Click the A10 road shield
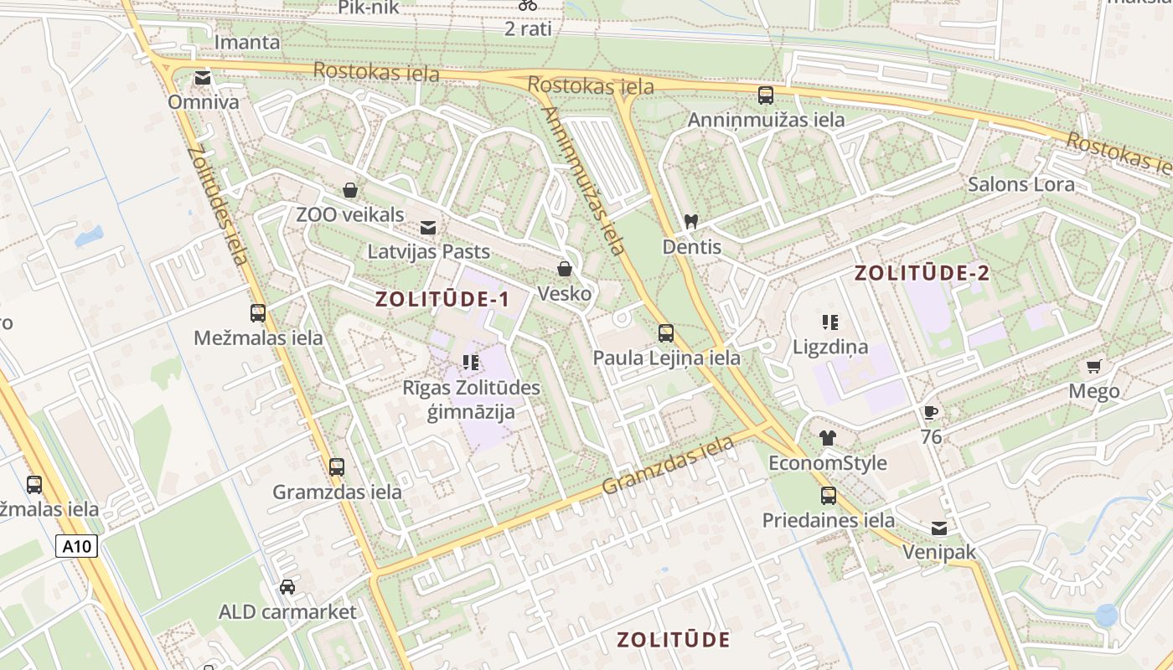point(78,547)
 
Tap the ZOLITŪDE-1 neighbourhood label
point(442,299)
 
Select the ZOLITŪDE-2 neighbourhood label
point(922,272)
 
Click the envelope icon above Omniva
point(203,78)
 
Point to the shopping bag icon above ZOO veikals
point(350,190)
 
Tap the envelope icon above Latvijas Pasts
point(428,227)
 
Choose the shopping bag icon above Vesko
point(565,269)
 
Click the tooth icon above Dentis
point(691,222)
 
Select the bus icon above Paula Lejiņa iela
point(666,332)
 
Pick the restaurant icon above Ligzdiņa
point(830,322)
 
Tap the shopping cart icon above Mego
point(1093,366)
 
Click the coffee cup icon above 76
point(930,411)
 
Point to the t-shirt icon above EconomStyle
point(828,437)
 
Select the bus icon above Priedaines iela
point(829,495)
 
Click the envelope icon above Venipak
point(939,528)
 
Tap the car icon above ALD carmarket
point(287,586)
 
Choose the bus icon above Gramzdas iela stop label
point(337,466)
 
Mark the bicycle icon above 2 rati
point(528,4)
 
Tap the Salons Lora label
point(1021,184)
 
